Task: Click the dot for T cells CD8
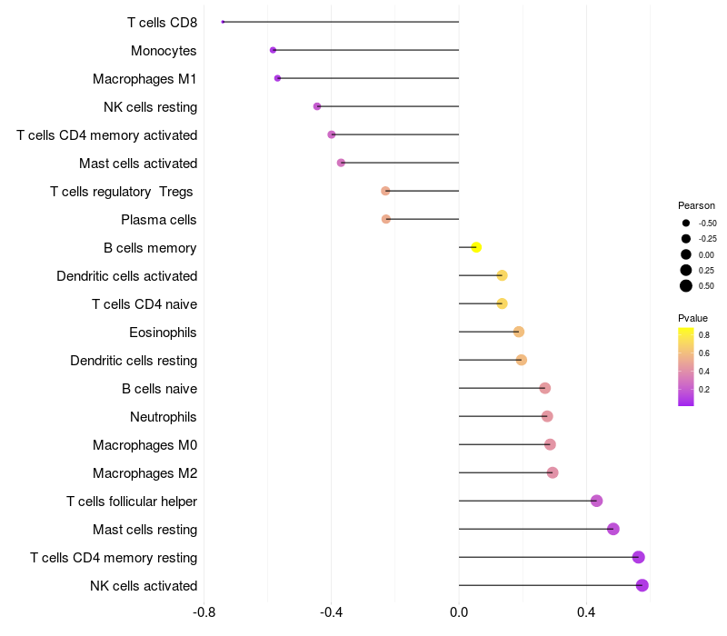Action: (x=223, y=22)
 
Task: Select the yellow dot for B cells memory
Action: (x=476, y=247)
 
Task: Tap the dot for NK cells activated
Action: (x=642, y=585)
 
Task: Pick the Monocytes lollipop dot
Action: (x=273, y=50)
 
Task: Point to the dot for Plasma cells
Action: (x=386, y=219)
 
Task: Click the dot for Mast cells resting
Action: (x=613, y=529)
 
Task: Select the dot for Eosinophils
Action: (x=519, y=332)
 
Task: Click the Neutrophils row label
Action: (x=164, y=417)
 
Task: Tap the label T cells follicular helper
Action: (x=132, y=502)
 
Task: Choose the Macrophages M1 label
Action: (x=144, y=79)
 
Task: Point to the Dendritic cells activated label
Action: (x=126, y=276)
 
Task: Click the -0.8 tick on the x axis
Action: (x=204, y=613)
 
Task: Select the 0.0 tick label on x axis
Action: (x=459, y=613)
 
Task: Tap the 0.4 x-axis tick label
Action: (x=586, y=613)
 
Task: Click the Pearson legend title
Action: (x=696, y=205)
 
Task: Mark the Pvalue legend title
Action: (x=692, y=318)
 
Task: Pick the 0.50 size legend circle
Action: (x=686, y=286)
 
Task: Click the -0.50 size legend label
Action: (x=707, y=223)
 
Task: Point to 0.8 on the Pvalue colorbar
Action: (x=704, y=335)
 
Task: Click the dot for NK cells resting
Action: (x=317, y=106)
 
